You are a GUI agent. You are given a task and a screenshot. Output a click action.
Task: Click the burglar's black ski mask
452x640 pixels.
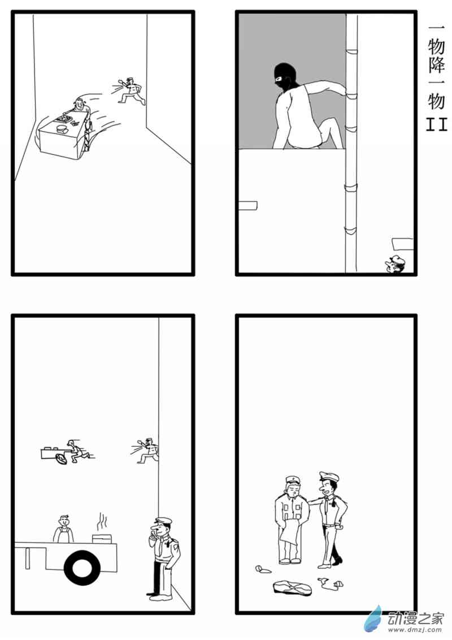pyautogui.click(x=285, y=77)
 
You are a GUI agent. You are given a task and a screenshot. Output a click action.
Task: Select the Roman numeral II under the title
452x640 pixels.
pyautogui.click(x=436, y=124)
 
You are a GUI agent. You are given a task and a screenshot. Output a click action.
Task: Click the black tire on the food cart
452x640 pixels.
pyautogui.click(x=82, y=568)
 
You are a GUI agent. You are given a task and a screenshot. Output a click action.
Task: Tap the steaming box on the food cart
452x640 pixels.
pyautogui.click(x=102, y=537)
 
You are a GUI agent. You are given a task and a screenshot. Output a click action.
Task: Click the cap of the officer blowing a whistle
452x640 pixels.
pyautogui.click(x=163, y=520)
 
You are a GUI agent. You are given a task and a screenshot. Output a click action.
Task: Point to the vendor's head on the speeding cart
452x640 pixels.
pyautogui.click(x=79, y=105)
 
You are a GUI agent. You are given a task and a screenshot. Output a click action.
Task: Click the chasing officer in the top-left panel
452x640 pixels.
pyautogui.click(x=133, y=91)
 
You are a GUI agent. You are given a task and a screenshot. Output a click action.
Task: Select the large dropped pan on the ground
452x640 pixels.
pyautogui.click(x=293, y=587)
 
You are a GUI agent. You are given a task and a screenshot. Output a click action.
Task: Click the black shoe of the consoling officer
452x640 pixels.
pyautogui.click(x=337, y=560)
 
